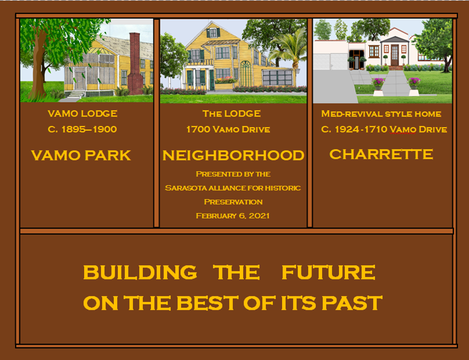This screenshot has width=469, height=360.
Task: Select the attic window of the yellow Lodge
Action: pos(213,33)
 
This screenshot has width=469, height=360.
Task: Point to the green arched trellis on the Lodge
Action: pos(246,74)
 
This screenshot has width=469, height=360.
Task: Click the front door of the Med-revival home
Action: pos(395,55)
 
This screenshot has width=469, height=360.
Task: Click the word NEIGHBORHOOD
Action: pos(233,156)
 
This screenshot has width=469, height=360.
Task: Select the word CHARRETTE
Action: pos(381,154)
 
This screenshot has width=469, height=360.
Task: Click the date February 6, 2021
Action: pos(233,216)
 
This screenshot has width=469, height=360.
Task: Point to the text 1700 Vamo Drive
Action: pos(228,129)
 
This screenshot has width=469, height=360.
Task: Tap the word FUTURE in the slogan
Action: pos(329,272)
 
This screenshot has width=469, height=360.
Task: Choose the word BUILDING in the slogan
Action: pos(140,272)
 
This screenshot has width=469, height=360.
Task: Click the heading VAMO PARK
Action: pos(81,156)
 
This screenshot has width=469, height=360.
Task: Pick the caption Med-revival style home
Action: pos(381,114)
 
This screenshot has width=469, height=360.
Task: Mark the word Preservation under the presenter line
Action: pos(233,202)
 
